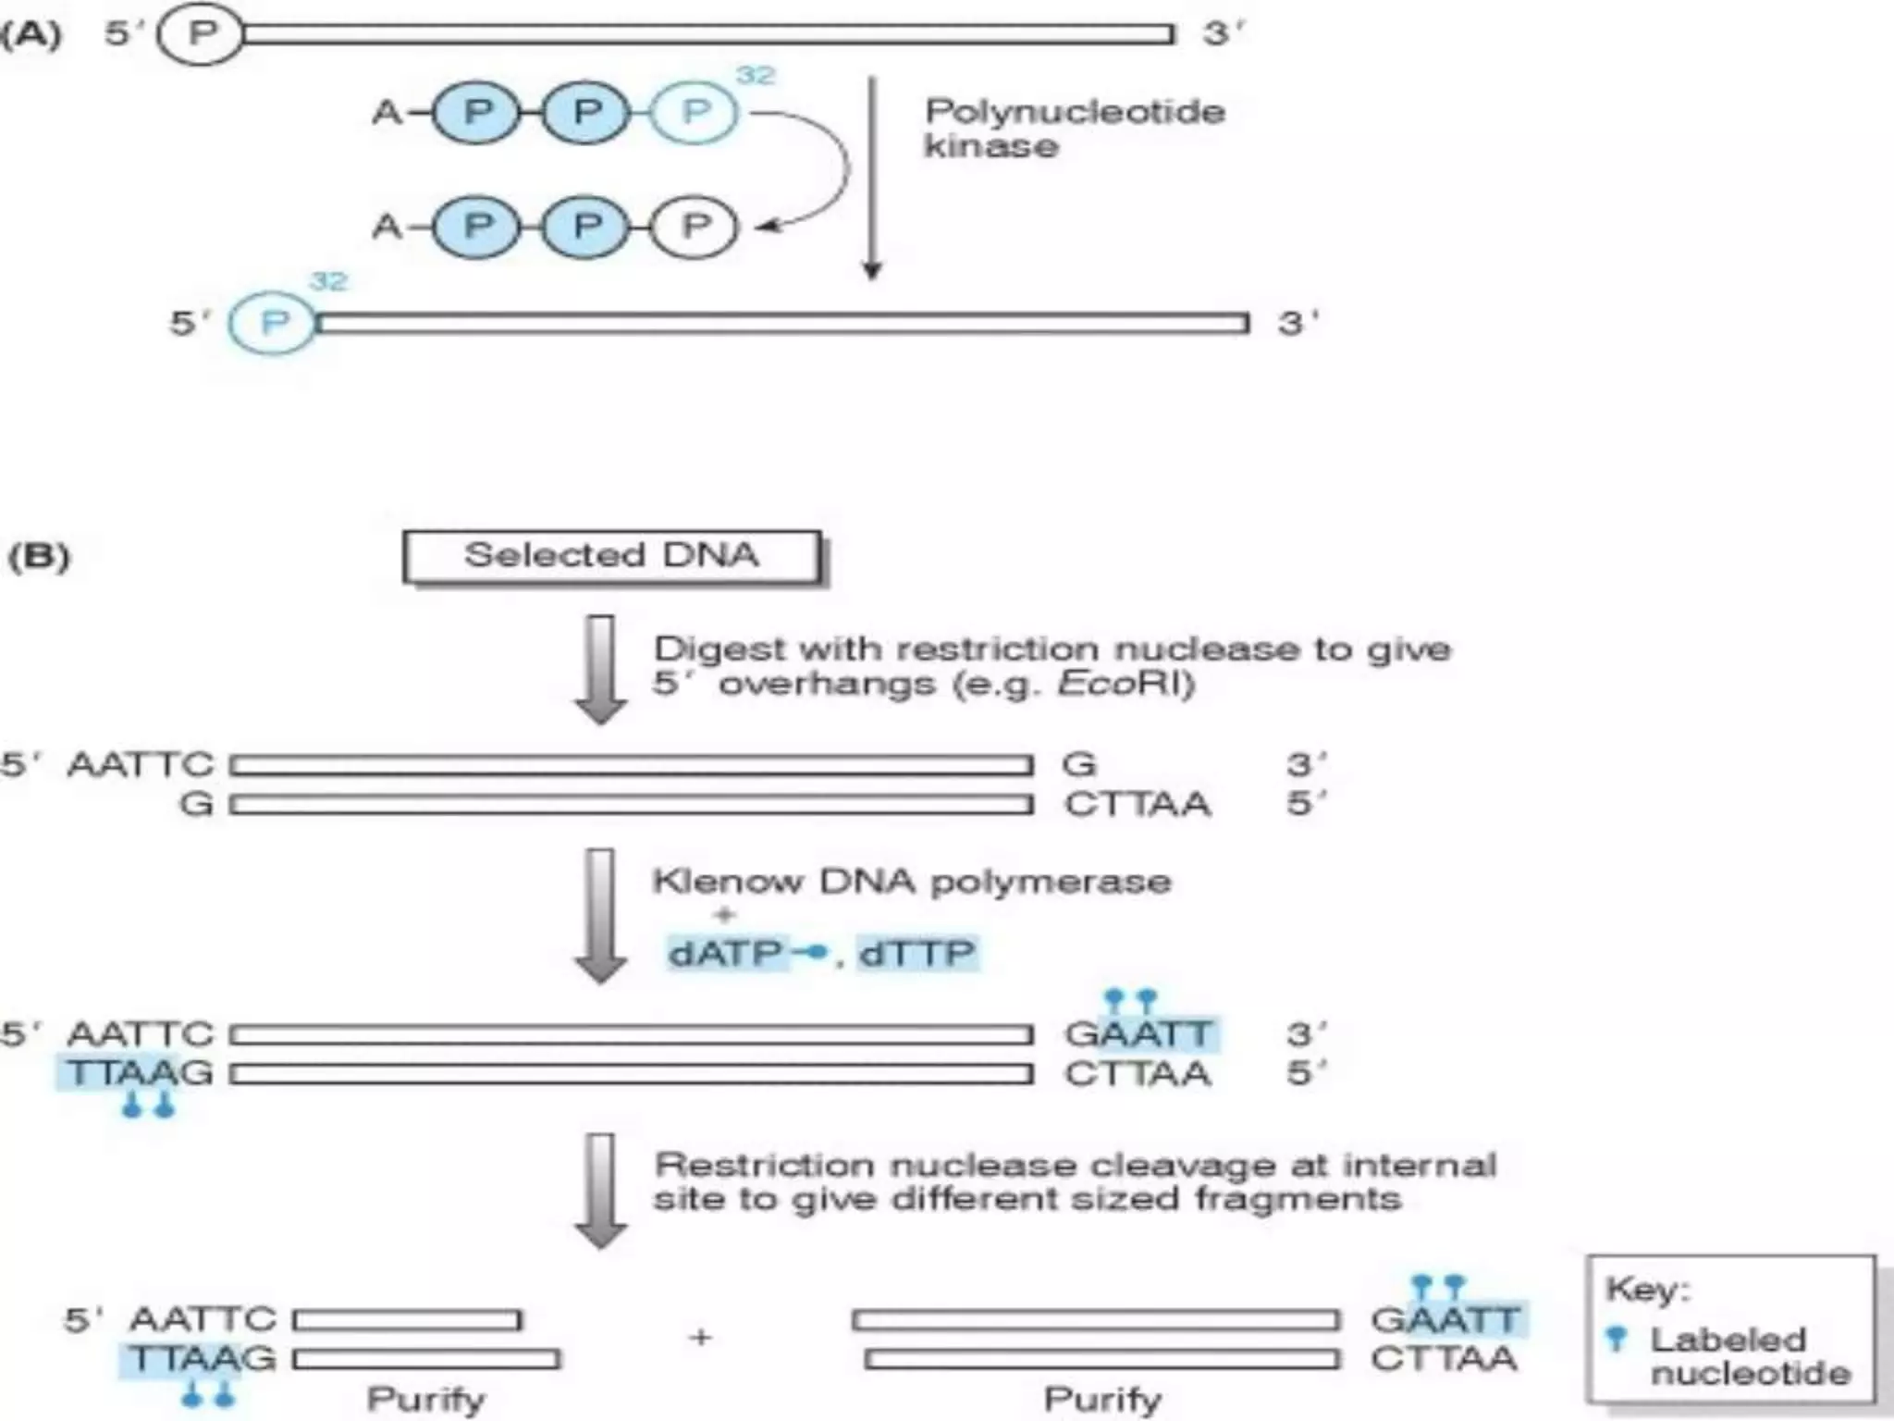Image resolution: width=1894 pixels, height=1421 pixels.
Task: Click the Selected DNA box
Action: (x=611, y=556)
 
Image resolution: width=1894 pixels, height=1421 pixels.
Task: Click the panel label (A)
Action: (x=32, y=34)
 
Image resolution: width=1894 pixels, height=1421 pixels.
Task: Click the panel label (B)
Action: (x=39, y=556)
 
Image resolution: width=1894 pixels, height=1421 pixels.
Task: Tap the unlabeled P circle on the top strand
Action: (x=202, y=34)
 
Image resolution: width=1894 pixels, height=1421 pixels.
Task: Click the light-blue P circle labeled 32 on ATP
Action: (x=695, y=113)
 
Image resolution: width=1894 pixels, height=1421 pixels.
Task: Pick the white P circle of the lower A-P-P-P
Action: (x=695, y=227)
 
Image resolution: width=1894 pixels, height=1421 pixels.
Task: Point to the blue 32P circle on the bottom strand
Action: (x=273, y=323)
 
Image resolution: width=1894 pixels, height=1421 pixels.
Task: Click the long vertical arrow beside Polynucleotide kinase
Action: (x=871, y=176)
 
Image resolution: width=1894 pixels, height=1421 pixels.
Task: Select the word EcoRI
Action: (x=1122, y=684)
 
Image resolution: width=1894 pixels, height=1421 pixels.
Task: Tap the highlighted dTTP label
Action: (x=916, y=953)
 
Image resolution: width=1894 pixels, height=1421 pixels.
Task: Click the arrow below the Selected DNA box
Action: (x=601, y=668)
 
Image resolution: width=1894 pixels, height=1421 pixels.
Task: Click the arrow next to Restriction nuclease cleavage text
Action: (x=601, y=1190)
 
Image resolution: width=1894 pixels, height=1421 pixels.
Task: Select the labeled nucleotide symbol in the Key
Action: (x=1617, y=1338)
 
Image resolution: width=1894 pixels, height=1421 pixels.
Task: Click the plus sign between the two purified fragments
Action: (x=701, y=1337)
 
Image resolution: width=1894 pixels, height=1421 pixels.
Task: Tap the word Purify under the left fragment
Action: (x=425, y=1399)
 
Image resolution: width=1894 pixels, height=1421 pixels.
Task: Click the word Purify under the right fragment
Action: (x=1102, y=1399)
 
